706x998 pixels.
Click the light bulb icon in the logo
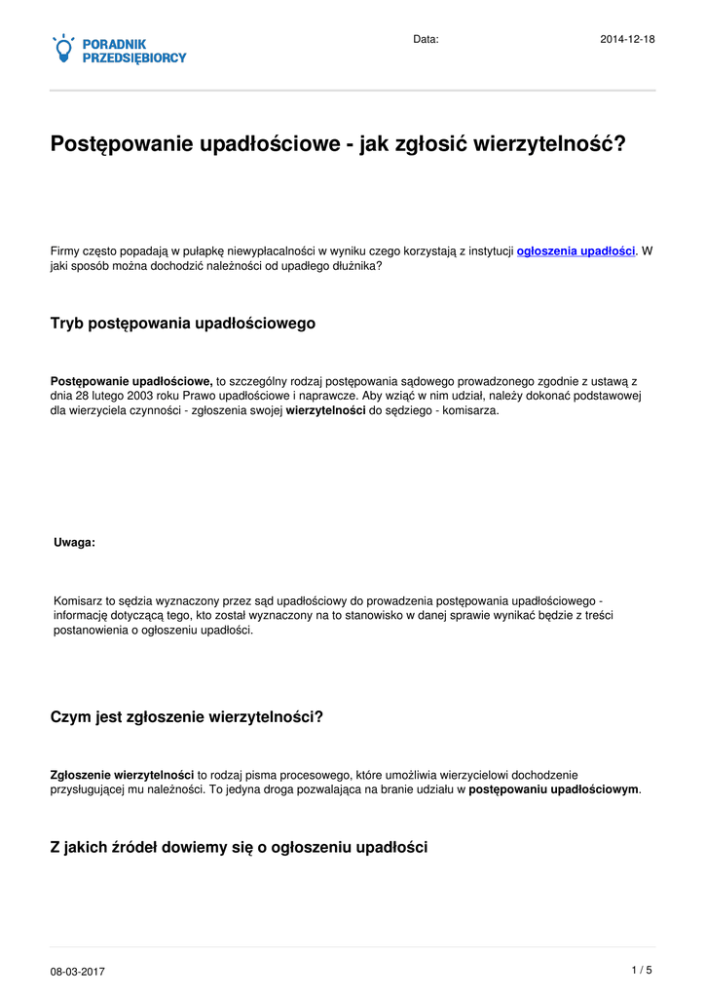pos(63,49)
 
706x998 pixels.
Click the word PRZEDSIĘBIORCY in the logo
pos(134,58)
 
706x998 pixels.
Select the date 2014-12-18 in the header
pos(627,39)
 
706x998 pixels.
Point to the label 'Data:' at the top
pos(426,39)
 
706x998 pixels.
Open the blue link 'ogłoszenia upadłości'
pos(576,250)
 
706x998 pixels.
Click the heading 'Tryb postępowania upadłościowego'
pos(183,323)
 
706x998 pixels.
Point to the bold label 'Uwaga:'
pos(74,543)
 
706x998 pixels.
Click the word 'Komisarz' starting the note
pos(77,601)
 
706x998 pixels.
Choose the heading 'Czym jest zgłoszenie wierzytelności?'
pos(186,717)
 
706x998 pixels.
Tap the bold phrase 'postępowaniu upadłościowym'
pos(554,789)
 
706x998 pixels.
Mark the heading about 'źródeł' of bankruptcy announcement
pos(239,848)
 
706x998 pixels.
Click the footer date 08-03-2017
pos(78,972)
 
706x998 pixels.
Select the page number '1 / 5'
pos(642,970)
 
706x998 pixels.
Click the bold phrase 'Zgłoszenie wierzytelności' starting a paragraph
pos(122,775)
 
